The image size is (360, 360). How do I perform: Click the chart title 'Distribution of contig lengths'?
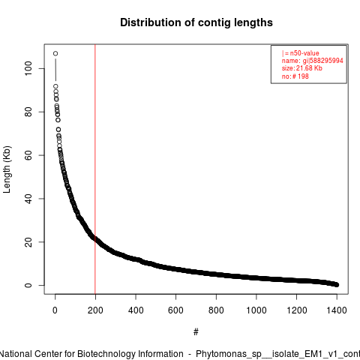pyautogui.click(x=196, y=22)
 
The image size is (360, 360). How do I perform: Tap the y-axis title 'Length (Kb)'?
pyautogui.click(x=7, y=169)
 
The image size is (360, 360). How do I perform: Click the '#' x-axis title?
pyautogui.click(x=196, y=332)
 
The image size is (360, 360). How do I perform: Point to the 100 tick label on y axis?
pyautogui.click(x=28, y=68)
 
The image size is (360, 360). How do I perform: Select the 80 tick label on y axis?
pyautogui.click(x=28, y=112)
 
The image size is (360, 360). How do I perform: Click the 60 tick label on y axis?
pyautogui.click(x=28, y=155)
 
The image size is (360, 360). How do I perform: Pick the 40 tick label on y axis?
pyautogui.click(x=28, y=199)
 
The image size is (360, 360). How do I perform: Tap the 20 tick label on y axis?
pyautogui.click(x=28, y=242)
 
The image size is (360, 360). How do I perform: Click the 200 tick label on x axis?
pyautogui.click(x=95, y=310)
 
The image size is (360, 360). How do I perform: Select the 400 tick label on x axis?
pyautogui.click(x=136, y=310)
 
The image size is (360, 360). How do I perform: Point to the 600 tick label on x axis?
pyautogui.click(x=175, y=310)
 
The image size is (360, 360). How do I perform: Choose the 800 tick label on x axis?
pyautogui.click(x=216, y=310)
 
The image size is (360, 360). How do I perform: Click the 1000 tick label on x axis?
pyautogui.click(x=256, y=310)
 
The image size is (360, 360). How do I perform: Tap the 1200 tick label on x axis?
pyautogui.click(x=297, y=310)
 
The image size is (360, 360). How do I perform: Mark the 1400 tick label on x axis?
pyautogui.click(x=337, y=310)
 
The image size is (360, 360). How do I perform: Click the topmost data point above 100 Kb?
pyautogui.click(x=55, y=53)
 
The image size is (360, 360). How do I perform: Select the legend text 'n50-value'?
pyautogui.click(x=304, y=53)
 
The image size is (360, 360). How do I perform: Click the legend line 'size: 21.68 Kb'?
pyautogui.click(x=302, y=68)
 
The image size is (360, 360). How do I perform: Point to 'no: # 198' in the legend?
pyautogui.click(x=295, y=76)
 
